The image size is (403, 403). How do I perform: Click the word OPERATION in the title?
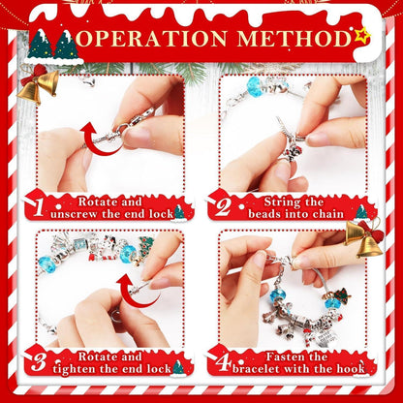tap(156, 40)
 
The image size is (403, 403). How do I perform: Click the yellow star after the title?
tap(361, 37)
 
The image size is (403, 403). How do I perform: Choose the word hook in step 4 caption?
tap(350, 368)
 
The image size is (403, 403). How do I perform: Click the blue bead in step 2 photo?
tap(256, 88)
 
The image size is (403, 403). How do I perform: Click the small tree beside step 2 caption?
tap(360, 211)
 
